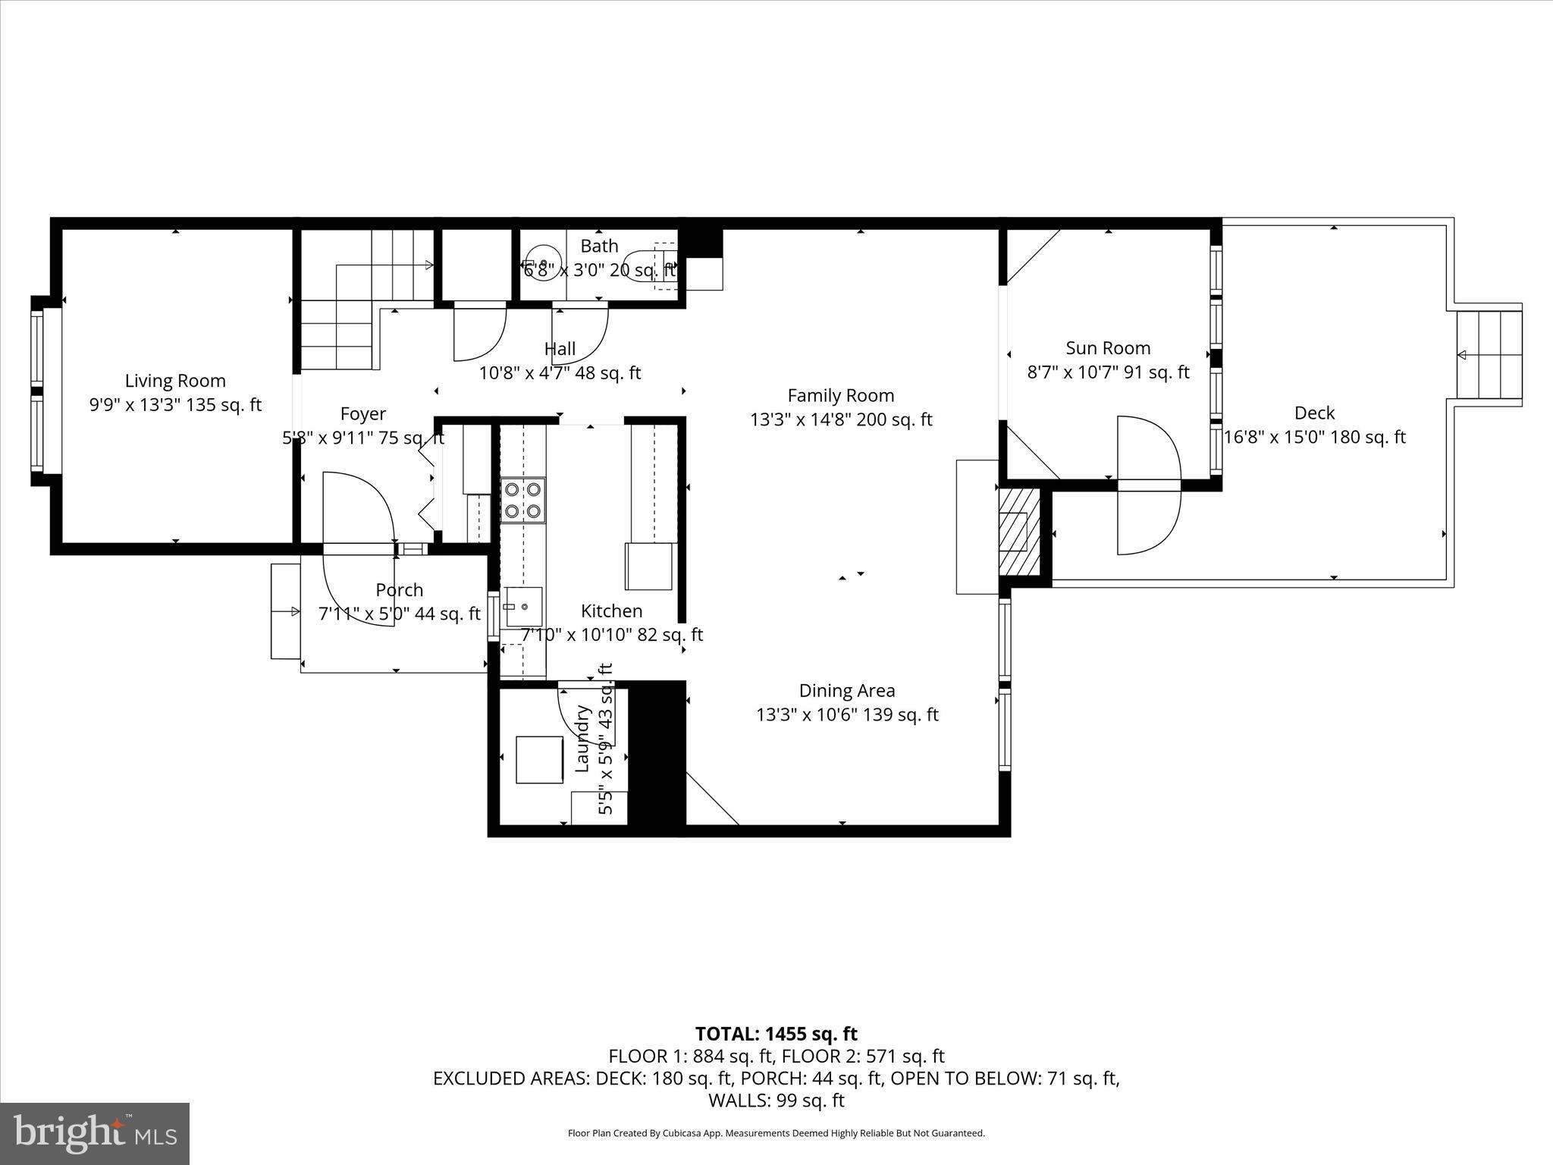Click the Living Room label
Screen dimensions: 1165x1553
click(175, 381)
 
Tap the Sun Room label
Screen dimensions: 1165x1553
click(1108, 348)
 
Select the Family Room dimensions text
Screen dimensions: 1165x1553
click(841, 419)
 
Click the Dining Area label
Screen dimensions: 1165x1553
click(847, 690)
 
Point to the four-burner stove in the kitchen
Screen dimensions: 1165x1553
click(522, 501)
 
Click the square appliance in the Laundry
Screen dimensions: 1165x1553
click(539, 759)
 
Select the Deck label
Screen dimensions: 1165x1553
click(1314, 413)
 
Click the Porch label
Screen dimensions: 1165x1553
click(399, 590)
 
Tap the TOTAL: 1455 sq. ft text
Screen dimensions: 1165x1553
click(776, 1034)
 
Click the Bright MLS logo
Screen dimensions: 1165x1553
click(95, 1133)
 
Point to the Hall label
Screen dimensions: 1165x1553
click(560, 349)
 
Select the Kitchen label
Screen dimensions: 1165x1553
click(611, 611)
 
